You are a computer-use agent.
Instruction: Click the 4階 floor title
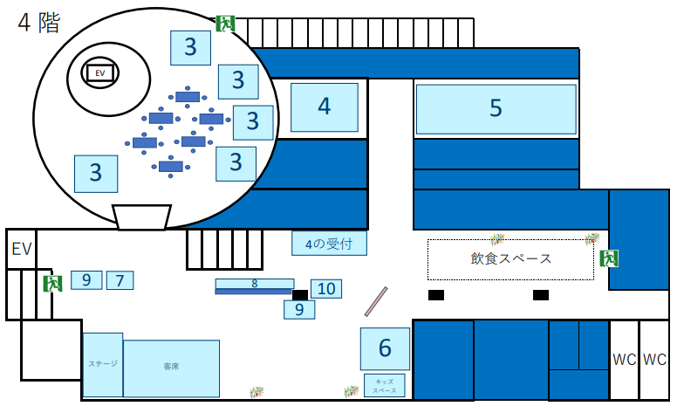pyautogui.click(x=39, y=24)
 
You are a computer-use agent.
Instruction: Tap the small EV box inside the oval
pyautogui.click(x=99, y=73)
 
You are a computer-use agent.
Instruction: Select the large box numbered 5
pyautogui.click(x=496, y=108)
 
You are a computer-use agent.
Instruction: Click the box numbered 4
pyautogui.click(x=324, y=107)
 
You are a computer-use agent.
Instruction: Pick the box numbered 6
pyautogui.click(x=385, y=348)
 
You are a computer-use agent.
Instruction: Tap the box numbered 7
pyautogui.click(x=120, y=280)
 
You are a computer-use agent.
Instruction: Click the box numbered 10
pyautogui.click(x=326, y=288)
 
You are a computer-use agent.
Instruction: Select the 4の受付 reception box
pyautogui.click(x=328, y=244)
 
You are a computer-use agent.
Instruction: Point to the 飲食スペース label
pyautogui.click(x=510, y=259)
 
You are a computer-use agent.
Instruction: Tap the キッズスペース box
pyautogui.click(x=384, y=385)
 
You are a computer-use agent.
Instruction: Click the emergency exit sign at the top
pyautogui.click(x=226, y=24)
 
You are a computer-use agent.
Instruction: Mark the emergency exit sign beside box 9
pyautogui.click(x=53, y=283)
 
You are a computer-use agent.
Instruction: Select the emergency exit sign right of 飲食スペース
pyautogui.click(x=609, y=258)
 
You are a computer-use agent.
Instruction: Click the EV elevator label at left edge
pyautogui.click(x=21, y=251)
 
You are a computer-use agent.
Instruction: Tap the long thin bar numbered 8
pyautogui.click(x=254, y=284)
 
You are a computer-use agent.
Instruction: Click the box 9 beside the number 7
pyautogui.click(x=86, y=280)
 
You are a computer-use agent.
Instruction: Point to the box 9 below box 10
pyautogui.click(x=298, y=308)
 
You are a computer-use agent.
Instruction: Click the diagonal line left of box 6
pyautogui.click(x=376, y=301)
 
